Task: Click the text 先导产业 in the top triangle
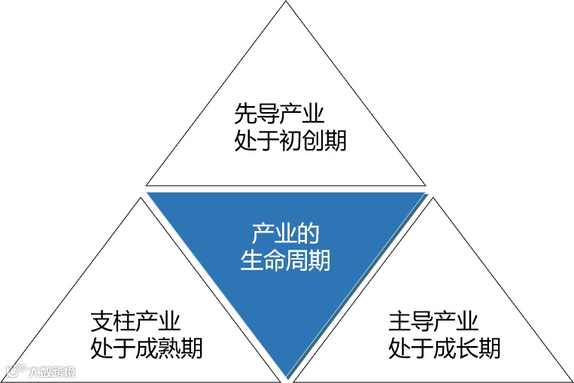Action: click(x=279, y=114)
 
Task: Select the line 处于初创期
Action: click(x=290, y=140)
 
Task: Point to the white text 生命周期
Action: click(x=286, y=260)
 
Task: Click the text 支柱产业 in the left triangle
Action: click(x=135, y=322)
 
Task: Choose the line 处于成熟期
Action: click(x=147, y=348)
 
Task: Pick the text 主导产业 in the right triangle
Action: click(x=433, y=322)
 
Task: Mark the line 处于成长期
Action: click(x=445, y=348)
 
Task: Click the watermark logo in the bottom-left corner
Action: click(x=41, y=371)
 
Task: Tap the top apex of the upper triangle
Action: click(x=287, y=2)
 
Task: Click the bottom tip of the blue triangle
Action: click(x=287, y=376)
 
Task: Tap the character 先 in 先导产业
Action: click(x=246, y=114)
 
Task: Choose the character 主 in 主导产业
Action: click(x=400, y=322)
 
